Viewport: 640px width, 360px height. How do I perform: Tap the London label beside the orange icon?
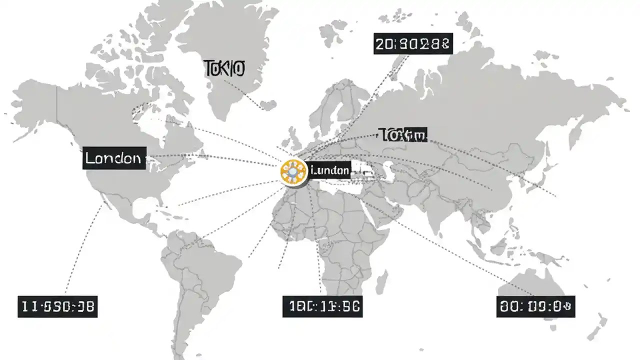330,170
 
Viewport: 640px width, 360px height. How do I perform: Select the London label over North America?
114,158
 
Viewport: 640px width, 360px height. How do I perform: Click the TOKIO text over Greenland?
224,68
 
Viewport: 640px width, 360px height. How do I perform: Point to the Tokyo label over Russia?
403,134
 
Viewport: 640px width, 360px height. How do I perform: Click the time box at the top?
413,43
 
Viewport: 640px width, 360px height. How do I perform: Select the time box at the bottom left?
58,306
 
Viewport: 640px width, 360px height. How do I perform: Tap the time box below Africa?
322,306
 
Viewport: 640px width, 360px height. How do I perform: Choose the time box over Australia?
536,306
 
